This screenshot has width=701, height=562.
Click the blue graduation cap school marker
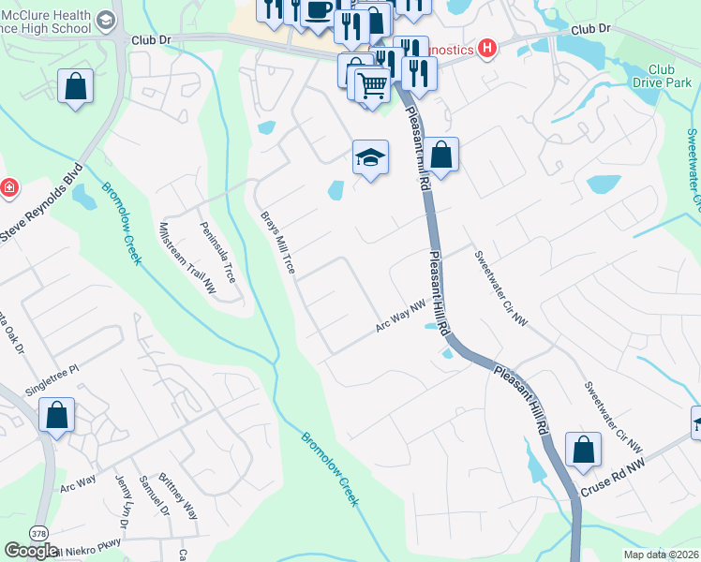(x=371, y=157)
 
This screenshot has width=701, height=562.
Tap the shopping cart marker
(x=373, y=87)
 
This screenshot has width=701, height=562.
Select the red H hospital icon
(x=486, y=49)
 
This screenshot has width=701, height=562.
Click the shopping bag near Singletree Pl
(x=56, y=415)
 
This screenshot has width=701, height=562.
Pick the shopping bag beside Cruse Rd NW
(x=583, y=450)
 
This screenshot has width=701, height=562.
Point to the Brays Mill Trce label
(x=278, y=243)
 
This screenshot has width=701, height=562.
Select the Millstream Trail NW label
(x=186, y=259)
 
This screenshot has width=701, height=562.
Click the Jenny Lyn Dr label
(x=125, y=497)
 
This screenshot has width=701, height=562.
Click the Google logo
(x=31, y=551)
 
